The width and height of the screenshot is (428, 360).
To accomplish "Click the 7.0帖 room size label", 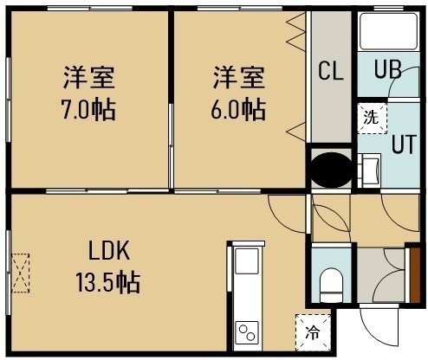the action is [x=88, y=110].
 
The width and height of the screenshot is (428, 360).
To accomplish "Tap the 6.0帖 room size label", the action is [x=238, y=109].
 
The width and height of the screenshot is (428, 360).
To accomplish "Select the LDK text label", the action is [x=109, y=251].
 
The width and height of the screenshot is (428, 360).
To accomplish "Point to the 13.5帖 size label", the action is [x=108, y=282].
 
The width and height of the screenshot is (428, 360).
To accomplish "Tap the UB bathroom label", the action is [x=387, y=69].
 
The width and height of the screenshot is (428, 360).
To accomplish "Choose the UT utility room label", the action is [x=404, y=144].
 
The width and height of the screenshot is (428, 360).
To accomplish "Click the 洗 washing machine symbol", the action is [x=372, y=118].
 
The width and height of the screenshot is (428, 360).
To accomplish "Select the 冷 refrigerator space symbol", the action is [x=313, y=332].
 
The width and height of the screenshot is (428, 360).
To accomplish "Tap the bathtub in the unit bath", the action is [x=388, y=31].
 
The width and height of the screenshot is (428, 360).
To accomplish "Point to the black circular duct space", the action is [x=331, y=170].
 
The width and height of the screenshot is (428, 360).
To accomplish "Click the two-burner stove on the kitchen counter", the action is [x=247, y=332].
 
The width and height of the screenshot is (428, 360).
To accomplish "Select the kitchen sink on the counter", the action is [x=247, y=261].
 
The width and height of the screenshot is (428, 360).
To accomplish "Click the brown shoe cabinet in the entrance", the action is [x=415, y=275].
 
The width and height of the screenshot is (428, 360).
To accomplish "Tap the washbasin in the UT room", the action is [x=370, y=170].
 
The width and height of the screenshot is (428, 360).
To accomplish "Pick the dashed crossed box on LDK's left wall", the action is [x=21, y=273].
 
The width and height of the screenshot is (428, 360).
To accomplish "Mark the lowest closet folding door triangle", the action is [x=295, y=132].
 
